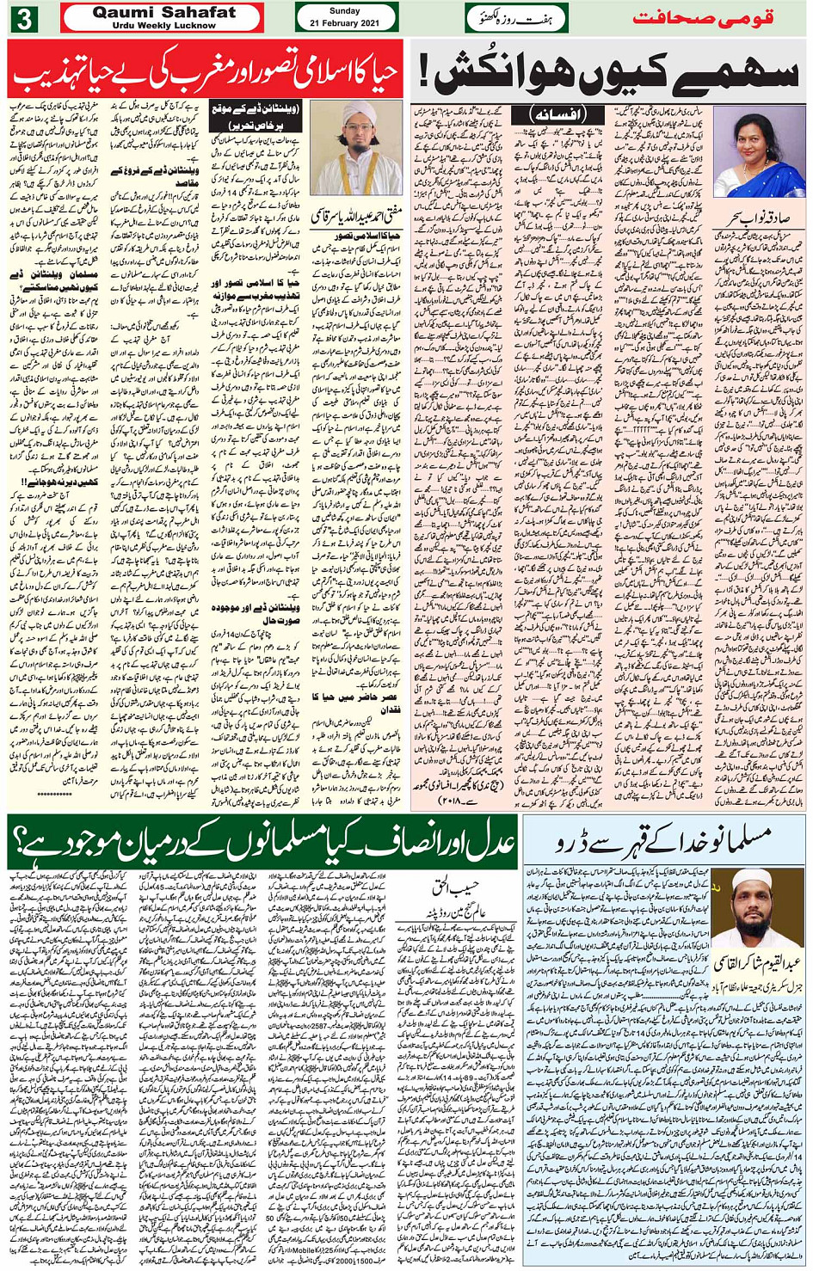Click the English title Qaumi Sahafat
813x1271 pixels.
point(163,12)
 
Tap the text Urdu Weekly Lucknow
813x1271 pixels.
point(163,26)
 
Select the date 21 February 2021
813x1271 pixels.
point(345,23)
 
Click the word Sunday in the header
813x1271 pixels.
point(345,11)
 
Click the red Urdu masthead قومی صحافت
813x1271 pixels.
point(703,17)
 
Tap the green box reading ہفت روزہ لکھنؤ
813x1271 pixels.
point(516,18)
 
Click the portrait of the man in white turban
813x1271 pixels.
point(355,148)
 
